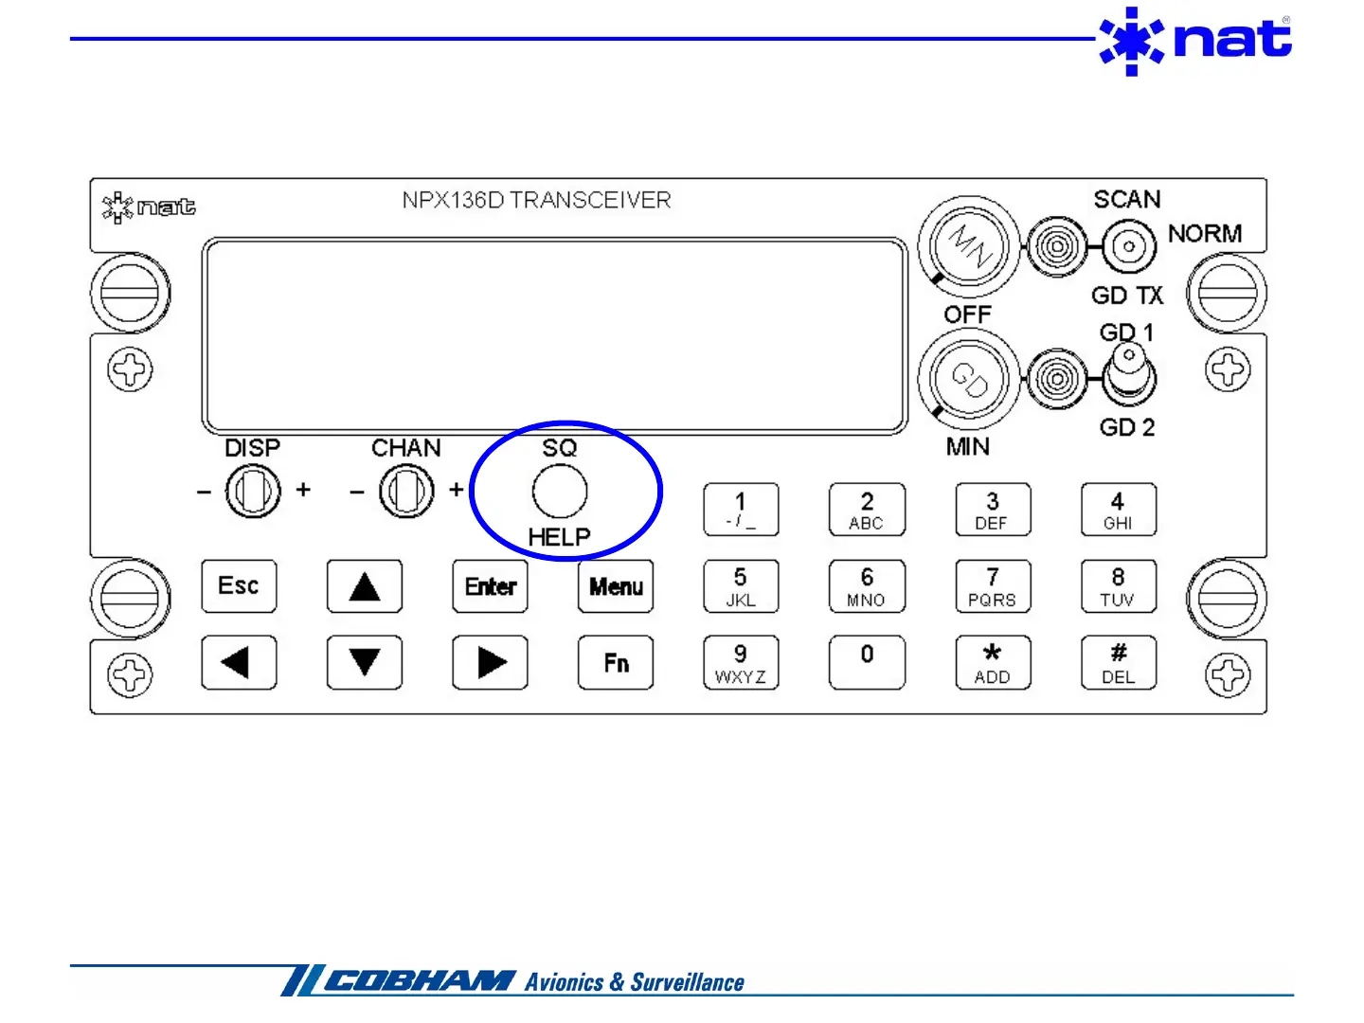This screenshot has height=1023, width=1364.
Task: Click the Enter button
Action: coord(490,586)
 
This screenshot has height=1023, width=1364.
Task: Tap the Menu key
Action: coord(616,586)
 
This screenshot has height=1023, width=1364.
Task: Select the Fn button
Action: coord(616,662)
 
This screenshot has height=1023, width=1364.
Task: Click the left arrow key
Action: coord(239,662)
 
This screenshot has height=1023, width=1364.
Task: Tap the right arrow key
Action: coord(490,662)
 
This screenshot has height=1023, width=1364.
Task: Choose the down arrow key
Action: coord(364,662)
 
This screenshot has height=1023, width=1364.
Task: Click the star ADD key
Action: coord(992,662)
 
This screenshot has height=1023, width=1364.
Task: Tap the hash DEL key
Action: coord(1118,662)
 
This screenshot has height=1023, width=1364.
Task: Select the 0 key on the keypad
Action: coord(866,662)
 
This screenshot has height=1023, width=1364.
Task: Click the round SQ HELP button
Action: coord(560,491)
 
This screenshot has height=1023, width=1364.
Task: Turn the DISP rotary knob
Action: coord(253,492)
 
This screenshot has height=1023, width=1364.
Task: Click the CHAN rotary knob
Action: coord(406,492)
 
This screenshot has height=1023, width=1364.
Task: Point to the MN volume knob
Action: coord(969,246)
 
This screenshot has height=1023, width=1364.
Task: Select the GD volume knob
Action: coord(969,379)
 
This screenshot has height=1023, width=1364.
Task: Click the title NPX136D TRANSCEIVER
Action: coord(536,200)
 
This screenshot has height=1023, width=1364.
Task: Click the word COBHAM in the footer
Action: coord(420,981)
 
